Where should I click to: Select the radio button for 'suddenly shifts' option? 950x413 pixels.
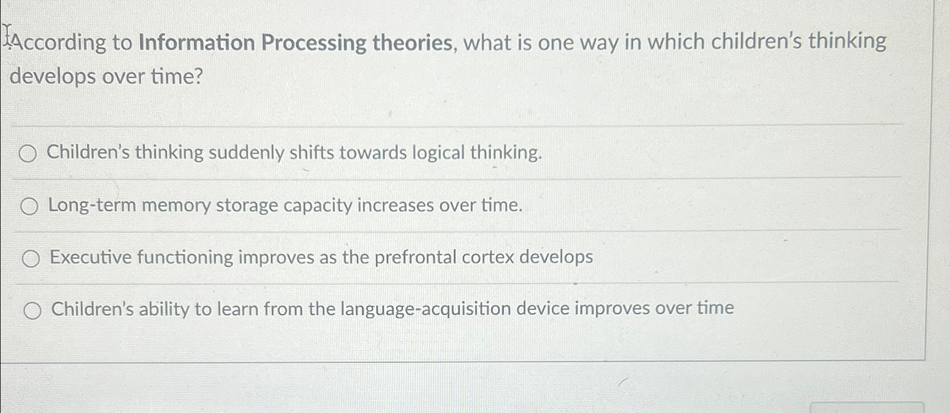coord(28,154)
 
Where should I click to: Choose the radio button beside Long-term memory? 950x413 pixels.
coord(30,206)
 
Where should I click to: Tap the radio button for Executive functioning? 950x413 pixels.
coord(31,259)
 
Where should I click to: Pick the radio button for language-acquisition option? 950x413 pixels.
coord(32,311)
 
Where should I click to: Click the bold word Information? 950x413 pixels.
coord(197,43)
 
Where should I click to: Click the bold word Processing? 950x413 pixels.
coord(313,43)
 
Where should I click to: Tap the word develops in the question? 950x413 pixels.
coord(53,76)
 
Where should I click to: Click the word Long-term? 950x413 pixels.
coord(92,205)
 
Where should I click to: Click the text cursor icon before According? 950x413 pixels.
coord(8,34)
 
